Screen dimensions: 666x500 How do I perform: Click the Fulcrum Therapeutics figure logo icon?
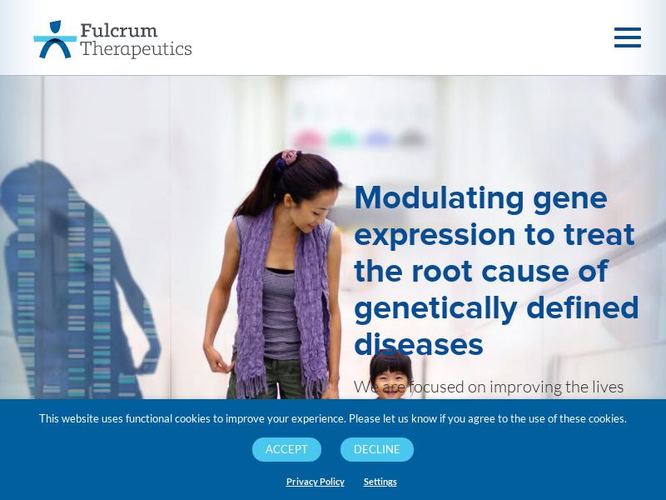click(55, 39)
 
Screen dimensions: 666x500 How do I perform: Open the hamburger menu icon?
click(628, 37)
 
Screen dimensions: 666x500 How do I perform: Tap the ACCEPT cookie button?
click(286, 449)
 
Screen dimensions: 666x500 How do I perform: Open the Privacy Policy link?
click(316, 482)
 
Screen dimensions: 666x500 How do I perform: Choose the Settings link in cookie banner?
click(380, 482)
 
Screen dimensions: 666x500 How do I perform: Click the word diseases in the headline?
click(419, 345)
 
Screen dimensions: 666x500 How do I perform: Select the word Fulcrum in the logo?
click(118, 30)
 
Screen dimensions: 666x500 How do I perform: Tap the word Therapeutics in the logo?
click(136, 48)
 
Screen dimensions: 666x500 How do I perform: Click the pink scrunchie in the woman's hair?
click(291, 157)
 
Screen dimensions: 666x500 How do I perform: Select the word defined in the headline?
click(582, 307)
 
